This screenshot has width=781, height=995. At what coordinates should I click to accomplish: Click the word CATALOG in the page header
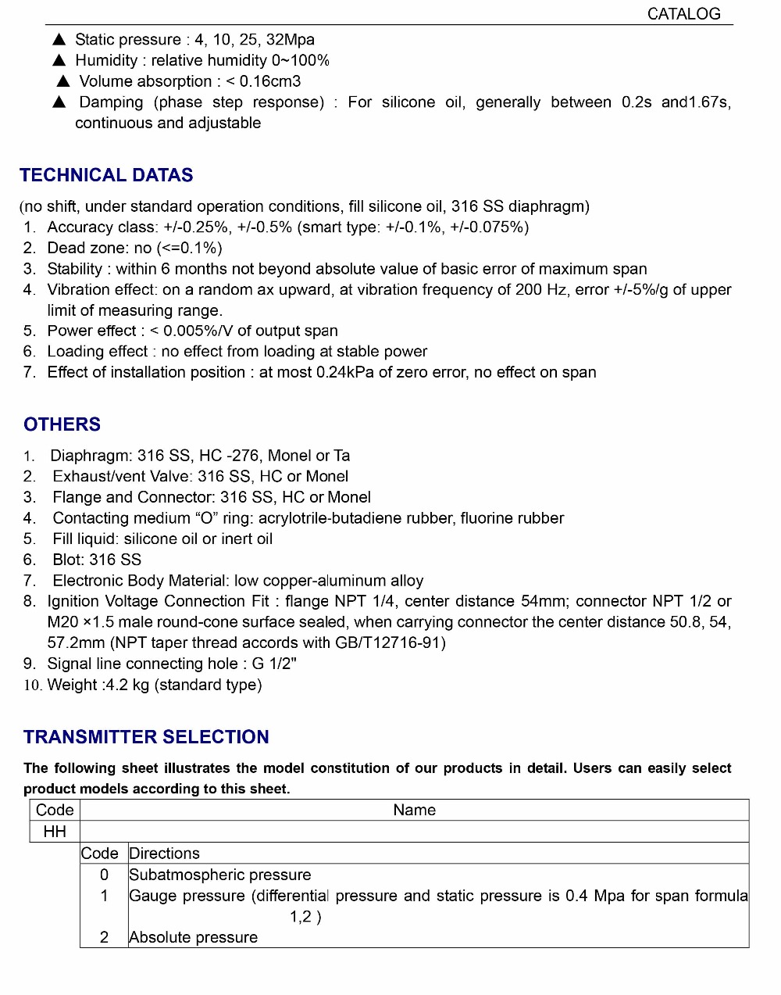point(683,14)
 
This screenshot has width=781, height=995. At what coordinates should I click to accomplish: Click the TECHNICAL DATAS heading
point(106,175)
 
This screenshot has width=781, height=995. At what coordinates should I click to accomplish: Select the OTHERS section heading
point(62,424)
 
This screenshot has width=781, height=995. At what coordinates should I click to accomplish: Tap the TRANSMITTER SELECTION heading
point(146,737)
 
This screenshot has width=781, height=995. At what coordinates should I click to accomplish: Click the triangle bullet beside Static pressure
point(59,39)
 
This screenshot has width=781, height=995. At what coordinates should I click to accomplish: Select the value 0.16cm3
point(270,81)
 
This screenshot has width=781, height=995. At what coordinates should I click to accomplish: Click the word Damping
point(111,102)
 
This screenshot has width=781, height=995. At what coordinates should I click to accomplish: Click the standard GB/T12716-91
point(387,643)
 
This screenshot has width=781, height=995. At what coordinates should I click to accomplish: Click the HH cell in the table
point(55,832)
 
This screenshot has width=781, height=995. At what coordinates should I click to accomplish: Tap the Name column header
point(414,811)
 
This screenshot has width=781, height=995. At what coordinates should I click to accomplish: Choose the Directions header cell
point(164,854)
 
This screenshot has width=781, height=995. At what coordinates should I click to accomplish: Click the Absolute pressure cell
point(193,937)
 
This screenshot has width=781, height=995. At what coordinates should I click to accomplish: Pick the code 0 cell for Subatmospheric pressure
point(104,875)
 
